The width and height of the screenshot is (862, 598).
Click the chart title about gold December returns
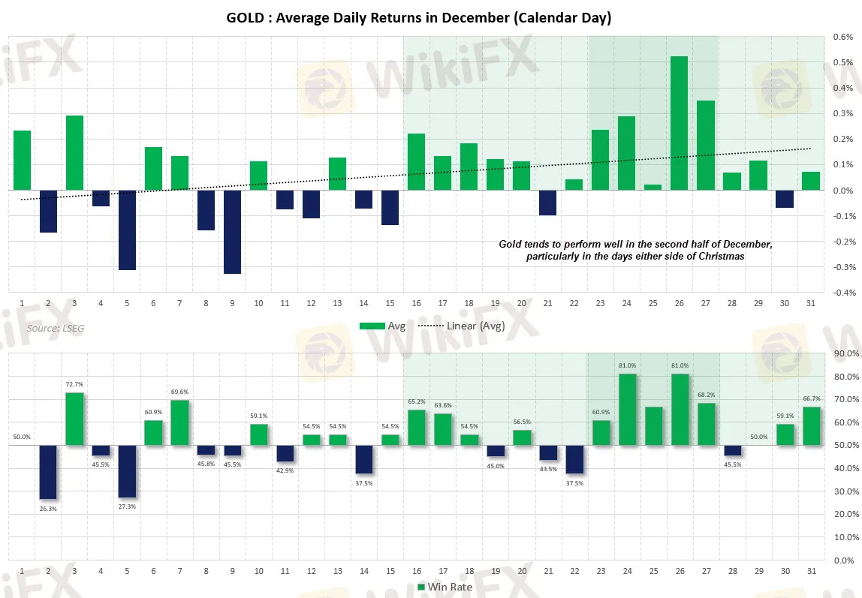pyautogui.click(x=418, y=18)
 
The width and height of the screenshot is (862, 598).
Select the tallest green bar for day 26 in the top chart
pyautogui.click(x=679, y=123)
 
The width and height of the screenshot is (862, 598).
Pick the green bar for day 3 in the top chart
pyautogui.click(x=74, y=153)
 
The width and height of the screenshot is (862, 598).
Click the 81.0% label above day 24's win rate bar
pyautogui.click(x=627, y=365)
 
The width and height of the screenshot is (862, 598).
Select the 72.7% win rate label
pyautogui.click(x=74, y=384)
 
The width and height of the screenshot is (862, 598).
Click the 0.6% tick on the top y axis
pyautogui.click(x=842, y=37)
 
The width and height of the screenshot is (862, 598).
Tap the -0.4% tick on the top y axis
pyautogui.click(x=842, y=293)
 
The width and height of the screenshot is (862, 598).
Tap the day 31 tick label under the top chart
pyautogui.click(x=809, y=303)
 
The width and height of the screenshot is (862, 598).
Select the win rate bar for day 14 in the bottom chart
pyautogui.click(x=363, y=460)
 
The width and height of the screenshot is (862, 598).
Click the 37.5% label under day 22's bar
pyautogui.click(x=574, y=483)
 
